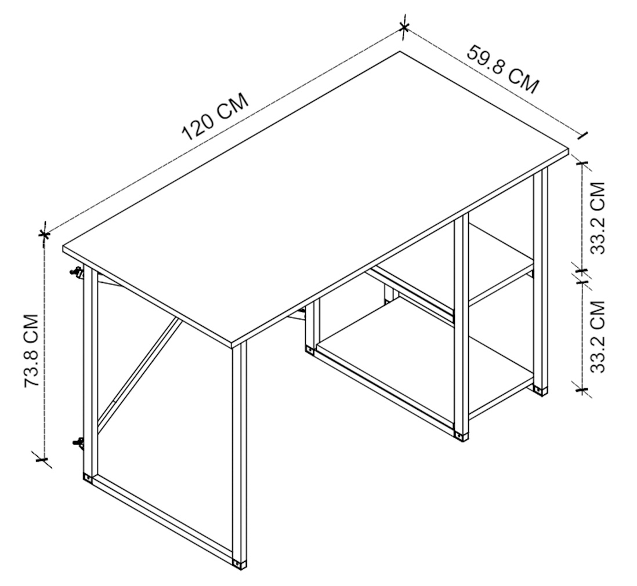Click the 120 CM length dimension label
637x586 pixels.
click(215, 116)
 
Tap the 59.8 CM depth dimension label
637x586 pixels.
click(504, 69)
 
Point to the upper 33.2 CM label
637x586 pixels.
click(598, 218)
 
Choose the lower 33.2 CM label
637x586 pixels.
click(598, 336)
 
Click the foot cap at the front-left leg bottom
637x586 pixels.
click(238, 563)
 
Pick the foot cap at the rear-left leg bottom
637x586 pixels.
click(88, 477)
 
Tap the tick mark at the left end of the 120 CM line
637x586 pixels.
click(44, 234)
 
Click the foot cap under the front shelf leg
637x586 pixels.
click(461, 437)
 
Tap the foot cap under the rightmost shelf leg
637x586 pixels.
click(541, 391)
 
